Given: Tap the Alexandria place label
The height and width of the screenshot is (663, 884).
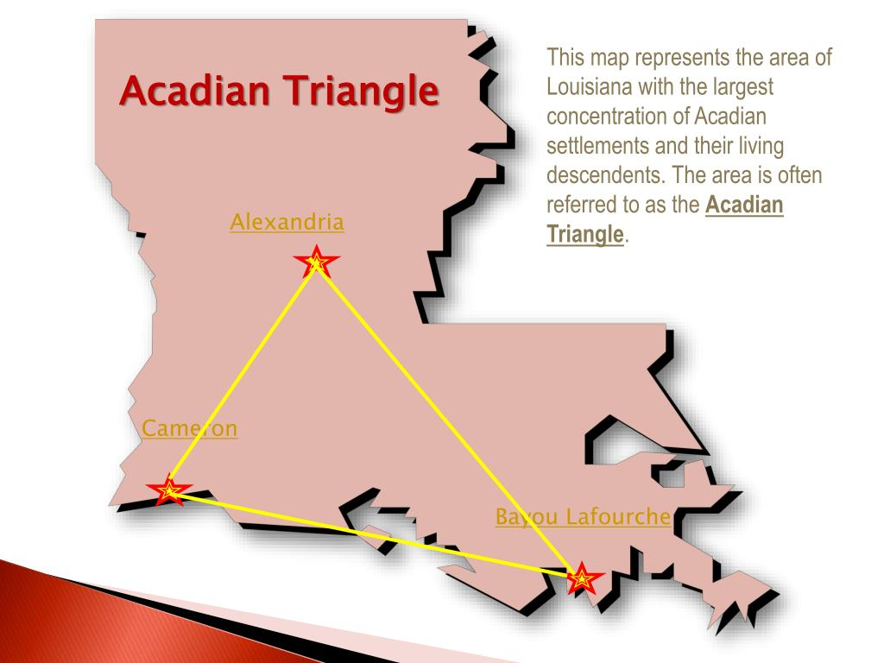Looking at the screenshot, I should (287, 223).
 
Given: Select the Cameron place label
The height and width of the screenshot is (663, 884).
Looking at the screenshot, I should (190, 428).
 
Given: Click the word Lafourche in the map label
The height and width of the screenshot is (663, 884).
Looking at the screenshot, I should (619, 517).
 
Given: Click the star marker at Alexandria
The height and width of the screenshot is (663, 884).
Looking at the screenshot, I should (317, 262).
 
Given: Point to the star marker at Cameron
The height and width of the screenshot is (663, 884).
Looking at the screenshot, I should (169, 491).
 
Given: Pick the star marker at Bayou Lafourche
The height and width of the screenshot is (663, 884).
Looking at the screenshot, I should (583, 579).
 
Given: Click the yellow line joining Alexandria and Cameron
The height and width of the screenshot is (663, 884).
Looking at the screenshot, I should (243, 376).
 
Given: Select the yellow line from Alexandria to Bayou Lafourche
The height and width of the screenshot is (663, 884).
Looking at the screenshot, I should (449, 420).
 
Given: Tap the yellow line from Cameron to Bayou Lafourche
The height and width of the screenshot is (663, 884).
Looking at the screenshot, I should (376, 535).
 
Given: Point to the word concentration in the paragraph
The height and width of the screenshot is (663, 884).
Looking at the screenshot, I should (605, 117).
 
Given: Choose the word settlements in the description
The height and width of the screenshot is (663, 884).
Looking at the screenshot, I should (596, 146).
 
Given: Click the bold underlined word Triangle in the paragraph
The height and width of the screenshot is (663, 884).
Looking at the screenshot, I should (585, 234).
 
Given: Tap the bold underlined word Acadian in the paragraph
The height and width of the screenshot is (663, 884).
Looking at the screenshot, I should (744, 205).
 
